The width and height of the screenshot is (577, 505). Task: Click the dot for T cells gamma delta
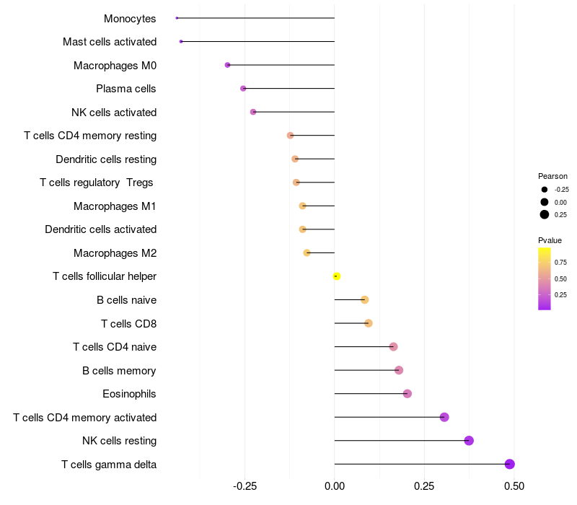pos(510,464)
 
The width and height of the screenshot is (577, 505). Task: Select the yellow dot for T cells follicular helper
pos(336,276)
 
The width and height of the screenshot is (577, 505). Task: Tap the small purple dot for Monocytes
pos(177,18)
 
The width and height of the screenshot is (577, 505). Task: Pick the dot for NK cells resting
pos(469,441)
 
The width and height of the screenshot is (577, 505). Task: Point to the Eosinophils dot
pos(408,394)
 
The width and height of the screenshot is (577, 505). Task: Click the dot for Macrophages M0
pos(228,65)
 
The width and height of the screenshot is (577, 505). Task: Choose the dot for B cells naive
pos(365,299)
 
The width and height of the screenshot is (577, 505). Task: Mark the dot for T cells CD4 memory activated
pos(444,417)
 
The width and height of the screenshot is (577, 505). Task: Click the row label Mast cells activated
pos(110,42)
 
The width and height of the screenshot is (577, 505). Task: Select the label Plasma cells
pos(126,89)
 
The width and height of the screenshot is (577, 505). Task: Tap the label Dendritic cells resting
pos(106,159)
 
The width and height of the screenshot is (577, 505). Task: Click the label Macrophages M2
pos(115,253)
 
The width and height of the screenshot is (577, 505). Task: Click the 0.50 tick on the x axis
pos(514,486)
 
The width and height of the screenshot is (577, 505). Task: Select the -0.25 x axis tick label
pos(245,486)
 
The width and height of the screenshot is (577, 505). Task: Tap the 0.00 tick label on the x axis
pos(335,486)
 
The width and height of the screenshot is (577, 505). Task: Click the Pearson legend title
pos(552,176)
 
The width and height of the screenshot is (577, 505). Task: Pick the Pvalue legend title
pos(550,240)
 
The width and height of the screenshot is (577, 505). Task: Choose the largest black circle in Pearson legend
pos(545,214)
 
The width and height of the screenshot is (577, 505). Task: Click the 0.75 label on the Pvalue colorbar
pos(560,263)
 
